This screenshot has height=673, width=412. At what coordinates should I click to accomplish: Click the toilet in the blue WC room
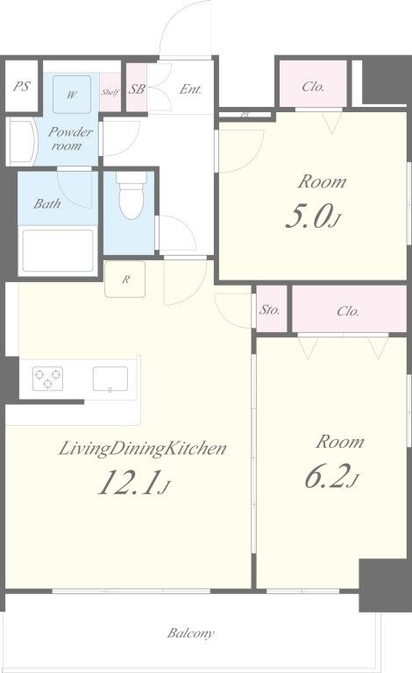[x=131, y=195]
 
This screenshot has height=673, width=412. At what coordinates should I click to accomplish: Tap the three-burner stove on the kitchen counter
[x=47, y=379]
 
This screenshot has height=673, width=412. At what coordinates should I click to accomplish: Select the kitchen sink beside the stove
[x=110, y=379]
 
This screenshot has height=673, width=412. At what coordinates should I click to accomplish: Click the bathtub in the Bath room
[x=58, y=251]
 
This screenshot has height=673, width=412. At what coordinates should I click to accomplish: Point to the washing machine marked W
[x=72, y=95]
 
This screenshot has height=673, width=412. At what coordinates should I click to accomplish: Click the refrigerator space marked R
[x=124, y=280]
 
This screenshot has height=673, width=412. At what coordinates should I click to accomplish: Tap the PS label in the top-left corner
[x=21, y=86]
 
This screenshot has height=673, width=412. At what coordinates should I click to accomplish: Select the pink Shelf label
[x=110, y=92]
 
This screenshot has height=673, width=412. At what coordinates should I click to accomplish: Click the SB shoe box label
[x=137, y=89]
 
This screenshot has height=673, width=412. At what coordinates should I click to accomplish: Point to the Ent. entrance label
[x=190, y=89]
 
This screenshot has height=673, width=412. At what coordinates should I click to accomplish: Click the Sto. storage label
[x=270, y=309]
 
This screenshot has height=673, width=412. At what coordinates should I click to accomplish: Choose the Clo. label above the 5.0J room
[x=313, y=87]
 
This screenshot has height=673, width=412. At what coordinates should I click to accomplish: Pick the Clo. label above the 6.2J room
[x=348, y=311]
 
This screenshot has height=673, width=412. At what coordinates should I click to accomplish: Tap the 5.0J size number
[x=313, y=217]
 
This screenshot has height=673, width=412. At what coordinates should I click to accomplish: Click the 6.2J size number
[x=330, y=477]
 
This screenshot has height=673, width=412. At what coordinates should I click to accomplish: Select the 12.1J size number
[x=134, y=483]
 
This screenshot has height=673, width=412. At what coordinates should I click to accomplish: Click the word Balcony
[x=190, y=633]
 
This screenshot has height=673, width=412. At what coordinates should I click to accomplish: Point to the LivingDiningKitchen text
[x=142, y=449]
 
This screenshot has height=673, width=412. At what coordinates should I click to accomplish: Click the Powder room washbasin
[x=21, y=142]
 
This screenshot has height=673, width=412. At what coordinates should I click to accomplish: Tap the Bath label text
[x=46, y=203]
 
